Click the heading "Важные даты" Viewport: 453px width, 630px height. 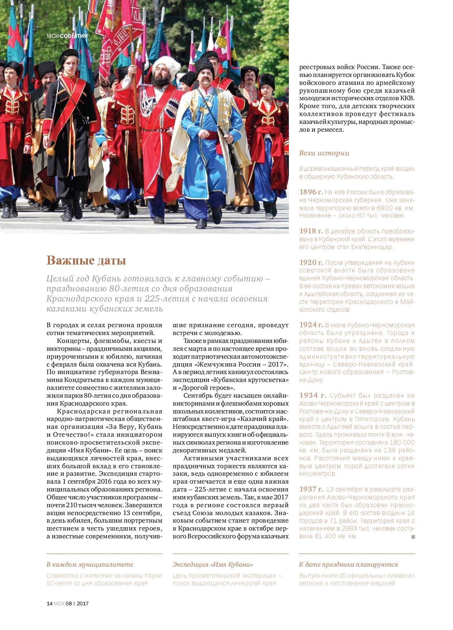click(86, 261)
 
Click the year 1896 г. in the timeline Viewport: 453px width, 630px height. click(311, 191)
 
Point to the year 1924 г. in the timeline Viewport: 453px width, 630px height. click(311, 325)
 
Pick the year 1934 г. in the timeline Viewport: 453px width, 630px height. click(313, 396)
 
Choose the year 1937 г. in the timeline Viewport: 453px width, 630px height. click(311, 489)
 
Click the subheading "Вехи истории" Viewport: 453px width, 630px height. click(324, 153)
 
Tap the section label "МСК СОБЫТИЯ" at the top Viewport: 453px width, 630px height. click(67, 36)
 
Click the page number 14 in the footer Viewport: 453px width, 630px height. click(49, 603)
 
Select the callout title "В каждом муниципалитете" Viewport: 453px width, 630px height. click(90, 564)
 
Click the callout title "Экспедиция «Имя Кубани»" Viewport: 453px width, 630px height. click(213, 564)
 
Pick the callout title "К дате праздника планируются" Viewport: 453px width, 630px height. click(348, 564)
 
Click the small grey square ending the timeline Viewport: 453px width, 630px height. click(413, 537)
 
